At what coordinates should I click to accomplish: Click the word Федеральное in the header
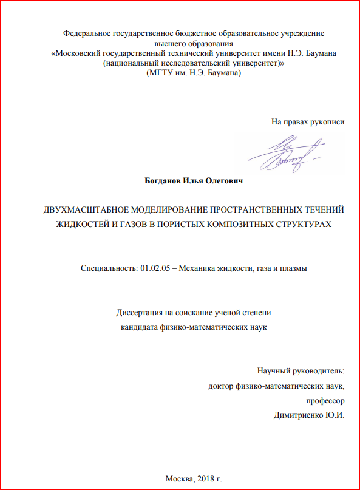(88, 33)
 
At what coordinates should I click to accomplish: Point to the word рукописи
(327, 122)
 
